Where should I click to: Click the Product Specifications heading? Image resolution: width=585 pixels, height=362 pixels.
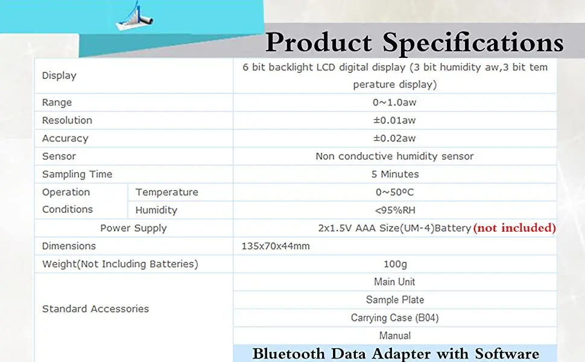click(414, 42)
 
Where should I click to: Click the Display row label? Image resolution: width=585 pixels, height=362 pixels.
click(59, 75)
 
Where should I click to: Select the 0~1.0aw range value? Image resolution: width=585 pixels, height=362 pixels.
click(395, 103)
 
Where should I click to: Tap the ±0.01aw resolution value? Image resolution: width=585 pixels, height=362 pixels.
click(395, 120)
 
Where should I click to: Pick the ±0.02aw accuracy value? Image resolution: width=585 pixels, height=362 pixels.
click(395, 138)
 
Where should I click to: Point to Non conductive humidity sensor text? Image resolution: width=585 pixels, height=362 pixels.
click(394, 156)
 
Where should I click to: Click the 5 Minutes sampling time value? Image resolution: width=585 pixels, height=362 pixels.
click(395, 174)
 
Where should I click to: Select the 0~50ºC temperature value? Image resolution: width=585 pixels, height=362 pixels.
click(395, 192)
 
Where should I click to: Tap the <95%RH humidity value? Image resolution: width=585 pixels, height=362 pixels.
click(395, 211)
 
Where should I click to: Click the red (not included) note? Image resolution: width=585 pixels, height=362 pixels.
click(514, 228)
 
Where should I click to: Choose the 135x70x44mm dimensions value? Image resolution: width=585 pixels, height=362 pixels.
click(276, 246)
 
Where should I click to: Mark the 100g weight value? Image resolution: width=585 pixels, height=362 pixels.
click(395, 264)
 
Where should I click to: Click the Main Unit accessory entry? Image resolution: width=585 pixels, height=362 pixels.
click(394, 282)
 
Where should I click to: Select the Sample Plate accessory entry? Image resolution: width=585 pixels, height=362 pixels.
click(394, 300)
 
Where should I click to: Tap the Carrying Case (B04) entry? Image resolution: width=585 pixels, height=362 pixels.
click(394, 318)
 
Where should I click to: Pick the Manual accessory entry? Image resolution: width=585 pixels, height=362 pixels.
click(395, 335)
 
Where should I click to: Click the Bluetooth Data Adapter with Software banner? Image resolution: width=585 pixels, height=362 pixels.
click(395, 354)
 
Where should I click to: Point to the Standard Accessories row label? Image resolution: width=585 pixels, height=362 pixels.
click(95, 309)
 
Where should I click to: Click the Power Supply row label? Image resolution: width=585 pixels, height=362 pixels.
click(133, 228)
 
